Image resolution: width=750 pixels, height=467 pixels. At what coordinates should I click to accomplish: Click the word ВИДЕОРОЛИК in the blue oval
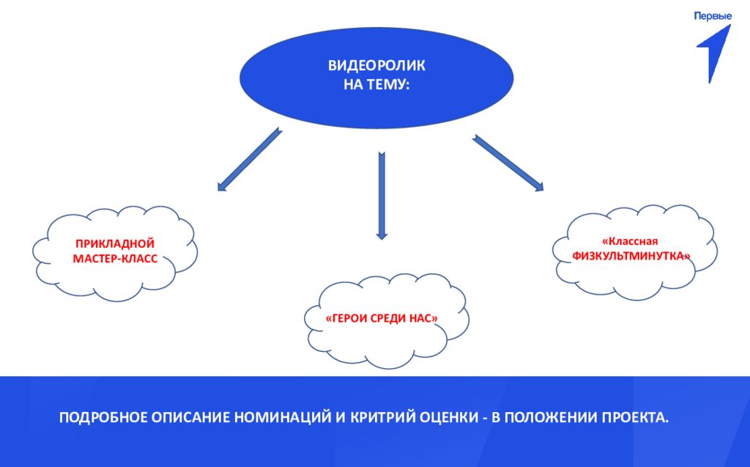click(x=376, y=66)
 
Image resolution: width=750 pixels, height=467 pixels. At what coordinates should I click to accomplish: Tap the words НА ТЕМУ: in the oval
click(x=376, y=84)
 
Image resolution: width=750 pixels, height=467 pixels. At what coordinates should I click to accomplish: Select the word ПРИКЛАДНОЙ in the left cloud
click(x=115, y=243)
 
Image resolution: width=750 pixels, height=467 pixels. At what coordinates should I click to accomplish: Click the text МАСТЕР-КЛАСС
click(x=115, y=259)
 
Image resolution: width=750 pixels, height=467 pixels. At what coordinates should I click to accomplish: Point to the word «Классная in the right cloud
click(x=631, y=240)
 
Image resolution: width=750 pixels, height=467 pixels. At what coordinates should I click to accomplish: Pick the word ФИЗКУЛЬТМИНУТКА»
click(x=632, y=257)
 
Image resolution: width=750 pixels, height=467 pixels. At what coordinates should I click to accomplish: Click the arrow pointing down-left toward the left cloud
click(x=249, y=161)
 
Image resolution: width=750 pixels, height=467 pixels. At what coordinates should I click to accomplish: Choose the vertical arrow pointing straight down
click(x=381, y=195)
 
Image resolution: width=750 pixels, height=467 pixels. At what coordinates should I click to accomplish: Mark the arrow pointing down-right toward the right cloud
click(x=508, y=163)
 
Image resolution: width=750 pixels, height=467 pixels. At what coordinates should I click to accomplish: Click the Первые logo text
click(x=713, y=15)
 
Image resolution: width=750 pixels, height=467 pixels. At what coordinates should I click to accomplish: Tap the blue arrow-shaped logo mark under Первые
click(x=714, y=51)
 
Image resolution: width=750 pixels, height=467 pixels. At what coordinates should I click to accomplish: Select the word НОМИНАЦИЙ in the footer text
click(x=279, y=418)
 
